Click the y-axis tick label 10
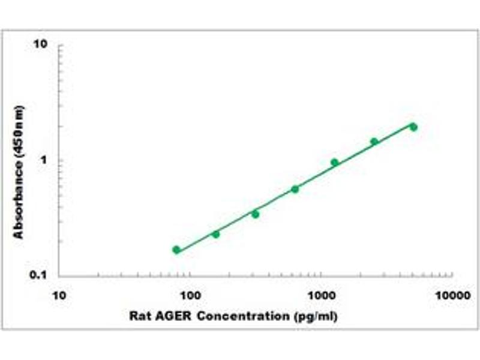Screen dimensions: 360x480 41,45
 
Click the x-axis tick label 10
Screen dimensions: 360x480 59,295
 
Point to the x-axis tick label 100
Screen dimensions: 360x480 190,295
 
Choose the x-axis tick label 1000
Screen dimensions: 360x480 321,295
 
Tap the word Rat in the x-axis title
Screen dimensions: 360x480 140,316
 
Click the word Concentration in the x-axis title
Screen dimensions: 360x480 238,316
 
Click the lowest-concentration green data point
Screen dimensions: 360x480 176,250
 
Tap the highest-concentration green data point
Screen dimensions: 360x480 413,127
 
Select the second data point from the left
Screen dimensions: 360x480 216,234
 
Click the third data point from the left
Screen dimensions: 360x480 256,214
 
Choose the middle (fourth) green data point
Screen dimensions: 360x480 295,189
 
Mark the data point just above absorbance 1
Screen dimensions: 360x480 334,162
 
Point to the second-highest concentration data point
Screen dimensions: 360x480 374,142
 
